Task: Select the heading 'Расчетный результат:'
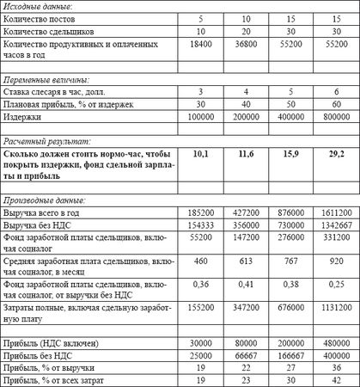pos(44,139)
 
